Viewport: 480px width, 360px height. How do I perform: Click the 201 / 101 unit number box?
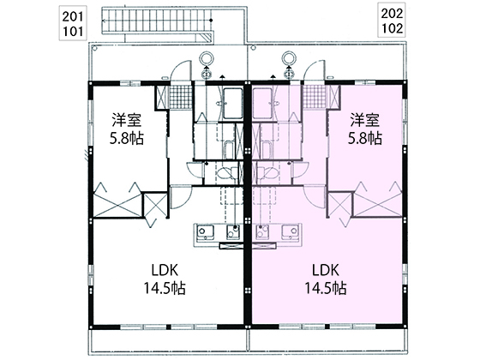(x=73, y=23)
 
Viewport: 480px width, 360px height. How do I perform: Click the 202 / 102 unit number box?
(x=392, y=21)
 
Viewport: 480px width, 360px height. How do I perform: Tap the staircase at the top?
(x=157, y=21)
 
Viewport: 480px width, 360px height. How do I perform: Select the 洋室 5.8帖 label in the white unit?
(x=127, y=129)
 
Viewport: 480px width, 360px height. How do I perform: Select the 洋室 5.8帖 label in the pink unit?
(x=365, y=129)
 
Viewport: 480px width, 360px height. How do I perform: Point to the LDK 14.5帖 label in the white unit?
(x=165, y=279)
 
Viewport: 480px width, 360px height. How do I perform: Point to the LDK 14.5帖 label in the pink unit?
(x=326, y=279)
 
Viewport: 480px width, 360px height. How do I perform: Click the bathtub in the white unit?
(x=233, y=104)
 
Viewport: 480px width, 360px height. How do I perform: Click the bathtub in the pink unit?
(x=262, y=104)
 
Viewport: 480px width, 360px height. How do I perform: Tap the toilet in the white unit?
(x=227, y=173)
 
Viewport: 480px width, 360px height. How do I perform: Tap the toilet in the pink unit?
(x=267, y=173)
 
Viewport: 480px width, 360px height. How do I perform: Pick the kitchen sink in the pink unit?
(x=291, y=232)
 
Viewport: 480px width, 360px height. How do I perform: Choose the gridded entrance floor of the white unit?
(x=181, y=97)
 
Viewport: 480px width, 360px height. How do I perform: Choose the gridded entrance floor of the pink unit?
(x=315, y=97)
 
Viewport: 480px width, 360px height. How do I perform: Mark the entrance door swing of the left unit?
(x=179, y=69)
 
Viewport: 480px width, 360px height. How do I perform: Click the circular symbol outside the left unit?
(x=207, y=58)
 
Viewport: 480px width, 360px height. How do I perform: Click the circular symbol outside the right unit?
(x=289, y=58)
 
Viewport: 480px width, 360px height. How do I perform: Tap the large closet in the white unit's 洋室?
(x=117, y=205)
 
